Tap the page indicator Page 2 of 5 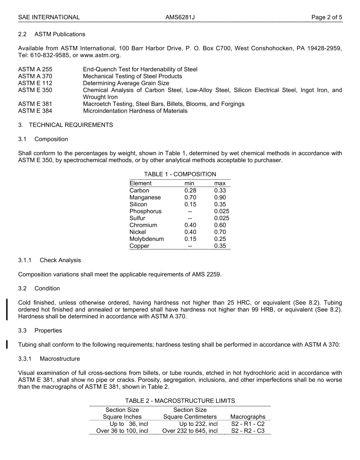pyautogui.click(x=327, y=17)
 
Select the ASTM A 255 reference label pyautogui.click(x=35, y=69)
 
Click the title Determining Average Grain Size pyautogui.click(x=126, y=83)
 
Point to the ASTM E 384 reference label pyautogui.click(x=35, y=111)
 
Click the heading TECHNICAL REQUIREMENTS pyautogui.click(x=71, y=125)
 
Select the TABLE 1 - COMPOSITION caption pyautogui.click(x=180, y=174)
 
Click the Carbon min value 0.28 pyautogui.click(x=190, y=190)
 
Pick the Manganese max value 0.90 pyautogui.click(x=220, y=197)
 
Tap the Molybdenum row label pyautogui.click(x=147, y=239)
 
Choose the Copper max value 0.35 pyautogui.click(x=220, y=246)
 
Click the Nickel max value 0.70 pyautogui.click(x=220, y=232)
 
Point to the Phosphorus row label pyautogui.click(x=146, y=211)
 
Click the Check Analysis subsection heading pyautogui.click(x=60, y=260)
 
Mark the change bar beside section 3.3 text pyautogui.click(x=7, y=344)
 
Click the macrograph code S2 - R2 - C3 pyautogui.click(x=248, y=431)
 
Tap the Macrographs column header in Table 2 pyautogui.click(x=248, y=417)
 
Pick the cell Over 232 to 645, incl pyautogui.click(x=190, y=431)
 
